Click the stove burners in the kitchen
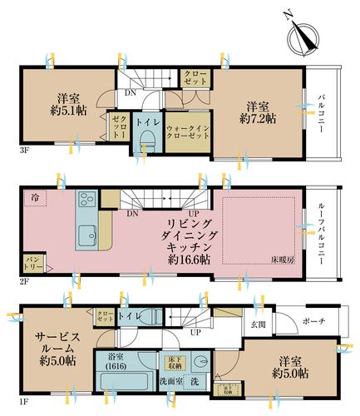coord(87,201)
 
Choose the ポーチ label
coord(314,323)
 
